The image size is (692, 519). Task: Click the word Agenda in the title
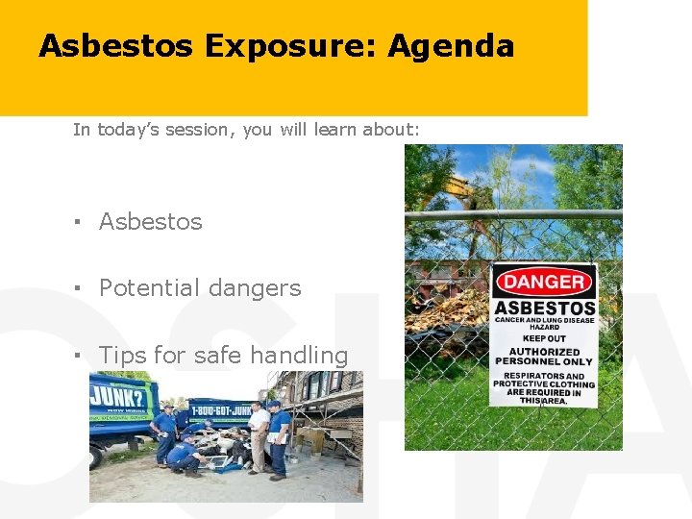(x=451, y=46)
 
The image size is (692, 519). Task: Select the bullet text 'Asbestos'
(x=151, y=222)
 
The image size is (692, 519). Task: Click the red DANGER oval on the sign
(x=544, y=283)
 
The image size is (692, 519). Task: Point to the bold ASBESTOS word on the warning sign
(x=544, y=309)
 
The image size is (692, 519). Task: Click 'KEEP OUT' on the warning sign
(x=544, y=338)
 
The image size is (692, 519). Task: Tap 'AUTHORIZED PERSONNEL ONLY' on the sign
(x=544, y=356)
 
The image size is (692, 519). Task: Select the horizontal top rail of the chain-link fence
(x=513, y=214)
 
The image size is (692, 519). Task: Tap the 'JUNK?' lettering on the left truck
(x=111, y=394)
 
